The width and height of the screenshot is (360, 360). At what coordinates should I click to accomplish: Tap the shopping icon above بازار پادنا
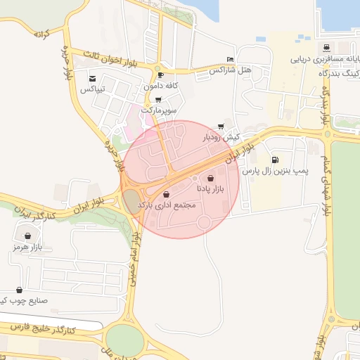click(211, 179)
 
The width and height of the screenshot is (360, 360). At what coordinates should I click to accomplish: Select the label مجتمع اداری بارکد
click(165, 204)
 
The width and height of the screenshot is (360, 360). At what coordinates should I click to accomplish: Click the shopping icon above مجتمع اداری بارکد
click(166, 194)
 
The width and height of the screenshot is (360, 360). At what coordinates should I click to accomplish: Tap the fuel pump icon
click(274, 160)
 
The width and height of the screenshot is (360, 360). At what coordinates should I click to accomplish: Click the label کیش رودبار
click(221, 137)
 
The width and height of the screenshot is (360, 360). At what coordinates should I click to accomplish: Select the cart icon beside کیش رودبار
click(221, 127)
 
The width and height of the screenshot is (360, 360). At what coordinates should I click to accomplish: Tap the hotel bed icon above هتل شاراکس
click(230, 60)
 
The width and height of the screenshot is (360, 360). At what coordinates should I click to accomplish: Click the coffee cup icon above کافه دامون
click(161, 75)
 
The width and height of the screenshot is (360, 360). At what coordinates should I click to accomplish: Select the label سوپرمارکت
click(159, 110)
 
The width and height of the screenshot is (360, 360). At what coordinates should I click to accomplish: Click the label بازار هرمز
click(27, 247)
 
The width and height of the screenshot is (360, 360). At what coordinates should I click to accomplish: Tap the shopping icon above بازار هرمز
click(27, 236)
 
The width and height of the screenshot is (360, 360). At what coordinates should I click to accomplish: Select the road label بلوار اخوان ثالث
click(117, 60)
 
